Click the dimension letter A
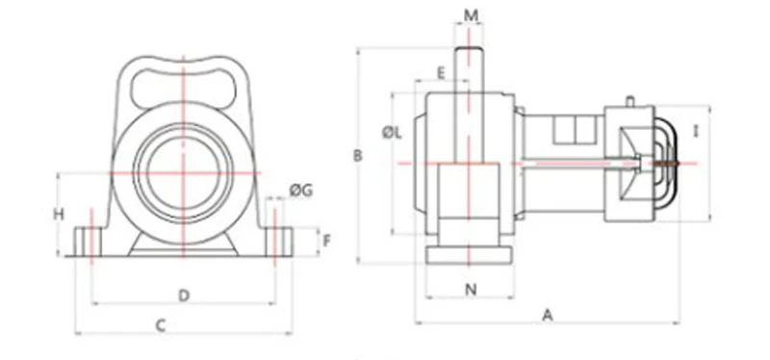548,316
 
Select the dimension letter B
358,156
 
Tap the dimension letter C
161,325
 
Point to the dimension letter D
184,296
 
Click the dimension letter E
441,74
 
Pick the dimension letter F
327,242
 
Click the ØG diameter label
301,190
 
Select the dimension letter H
59,214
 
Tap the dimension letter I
695,131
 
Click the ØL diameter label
393,133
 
